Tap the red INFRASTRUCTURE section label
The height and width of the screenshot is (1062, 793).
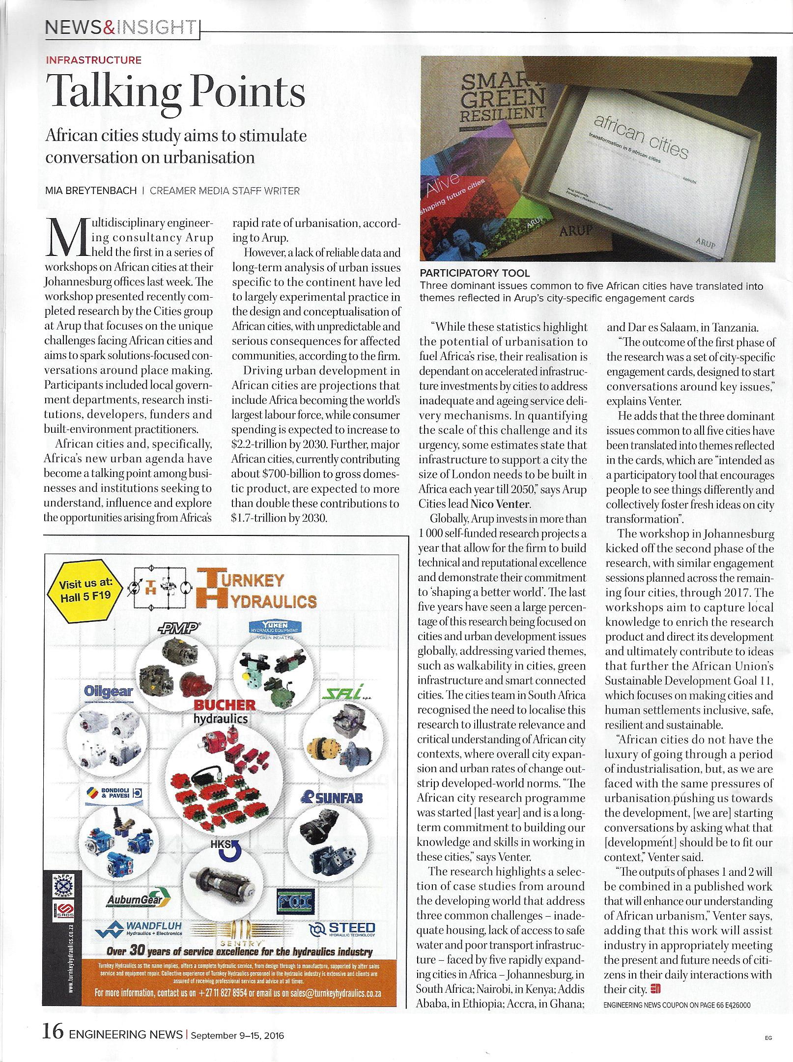click(93, 60)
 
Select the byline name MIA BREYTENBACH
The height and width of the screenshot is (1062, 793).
click(90, 191)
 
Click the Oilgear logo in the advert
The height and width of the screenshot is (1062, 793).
click(108, 691)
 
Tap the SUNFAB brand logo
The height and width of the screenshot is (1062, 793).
click(332, 797)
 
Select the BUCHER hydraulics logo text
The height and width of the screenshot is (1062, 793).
click(218, 711)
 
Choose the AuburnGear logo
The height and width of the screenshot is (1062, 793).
click(138, 900)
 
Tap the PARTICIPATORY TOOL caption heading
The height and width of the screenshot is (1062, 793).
click(474, 273)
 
